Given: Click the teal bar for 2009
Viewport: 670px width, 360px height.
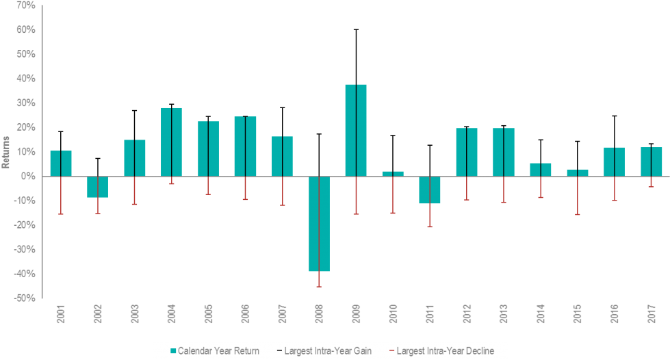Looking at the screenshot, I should pos(355,130).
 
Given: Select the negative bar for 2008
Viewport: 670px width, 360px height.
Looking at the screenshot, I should pos(319,224).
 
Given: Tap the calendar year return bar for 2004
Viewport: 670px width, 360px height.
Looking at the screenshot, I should pos(171,142).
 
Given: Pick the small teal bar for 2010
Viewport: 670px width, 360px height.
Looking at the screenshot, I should pos(393,174).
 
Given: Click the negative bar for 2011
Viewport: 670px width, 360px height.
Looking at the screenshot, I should pos(430,190).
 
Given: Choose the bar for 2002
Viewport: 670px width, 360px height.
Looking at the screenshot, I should pos(97,187).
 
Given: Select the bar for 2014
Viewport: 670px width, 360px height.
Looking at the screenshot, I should pos(541,169).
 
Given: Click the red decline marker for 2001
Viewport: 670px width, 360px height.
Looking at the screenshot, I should pos(61,214).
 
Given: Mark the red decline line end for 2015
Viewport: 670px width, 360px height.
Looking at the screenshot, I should pos(578,215).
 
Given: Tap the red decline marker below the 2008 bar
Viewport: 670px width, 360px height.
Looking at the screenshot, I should pos(319,286).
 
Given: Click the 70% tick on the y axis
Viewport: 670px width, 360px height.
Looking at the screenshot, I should pos(26,5).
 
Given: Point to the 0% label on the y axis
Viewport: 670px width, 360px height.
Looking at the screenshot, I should pos(29,176).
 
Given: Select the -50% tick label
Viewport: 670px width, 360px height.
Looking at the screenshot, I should pos(25,298).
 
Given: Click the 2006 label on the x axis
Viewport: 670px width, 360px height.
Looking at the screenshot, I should pos(246,314).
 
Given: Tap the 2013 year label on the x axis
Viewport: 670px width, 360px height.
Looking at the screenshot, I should pos(504,314).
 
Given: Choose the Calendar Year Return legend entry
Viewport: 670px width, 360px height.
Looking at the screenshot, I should pos(214,351).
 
